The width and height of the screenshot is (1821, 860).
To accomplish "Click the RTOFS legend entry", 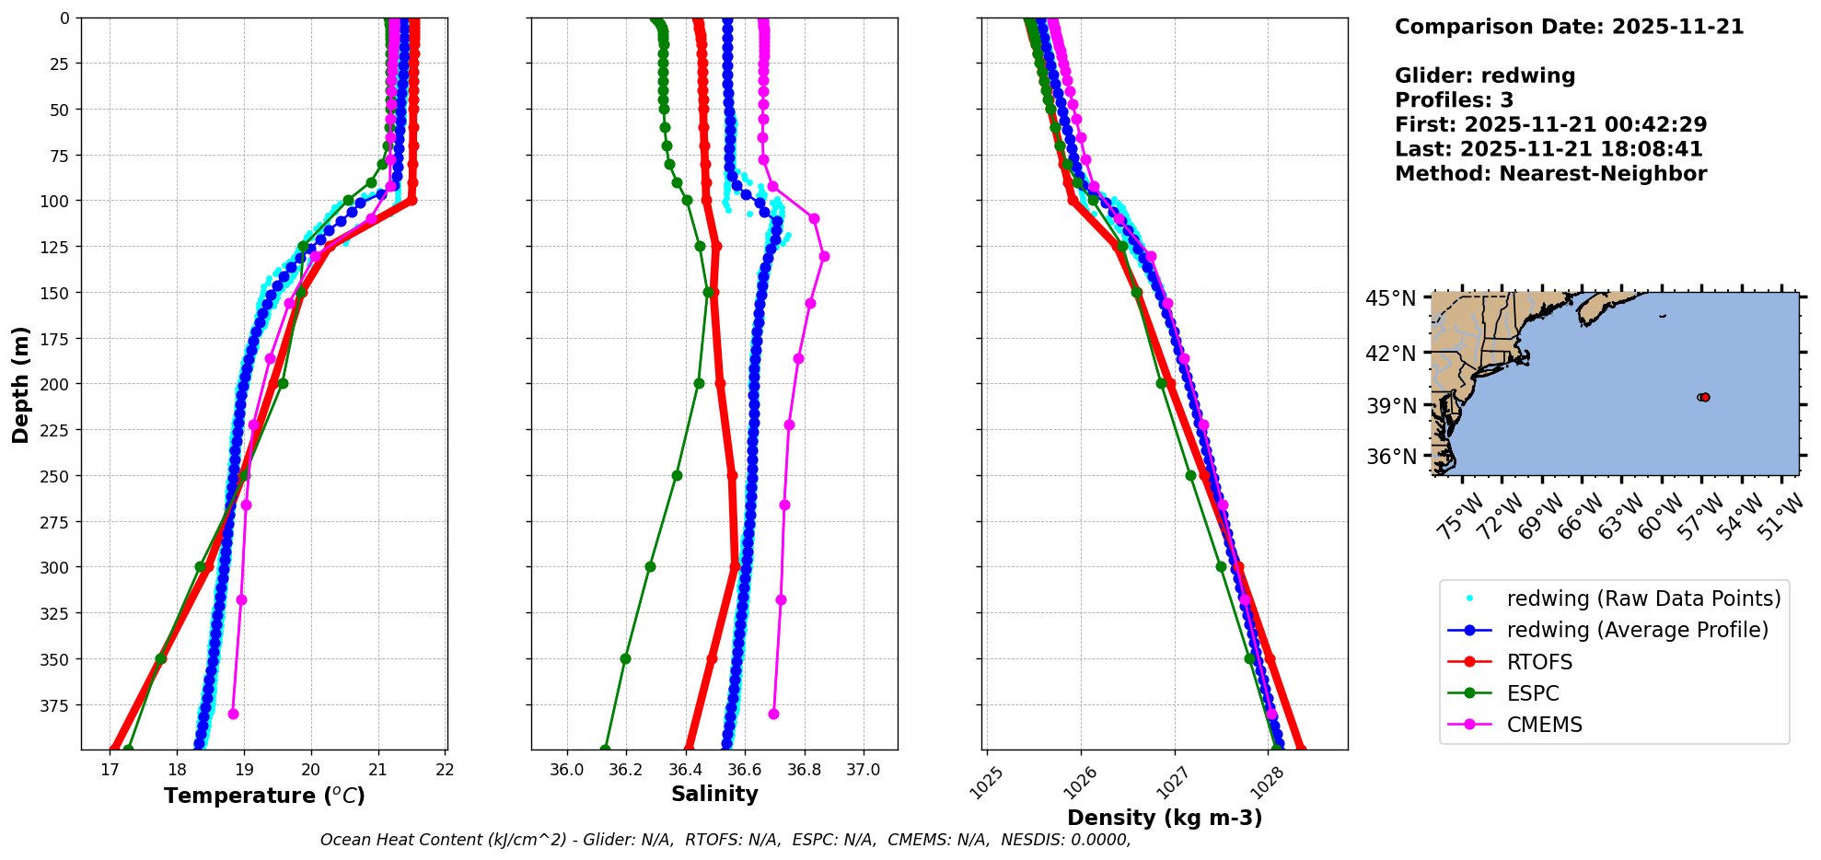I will click(1539, 662).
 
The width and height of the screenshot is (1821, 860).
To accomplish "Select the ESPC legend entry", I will click(1533, 693).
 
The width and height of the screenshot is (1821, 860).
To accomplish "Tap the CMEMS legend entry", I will click(1544, 725).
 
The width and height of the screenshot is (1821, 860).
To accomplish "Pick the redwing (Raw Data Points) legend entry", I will click(1643, 599).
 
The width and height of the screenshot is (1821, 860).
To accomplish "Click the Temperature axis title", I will click(264, 796).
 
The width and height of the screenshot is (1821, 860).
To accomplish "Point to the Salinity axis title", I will click(714, 794).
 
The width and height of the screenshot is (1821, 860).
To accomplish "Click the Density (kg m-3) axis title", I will click(1165, 818).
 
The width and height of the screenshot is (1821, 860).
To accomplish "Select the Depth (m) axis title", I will click(20, 384).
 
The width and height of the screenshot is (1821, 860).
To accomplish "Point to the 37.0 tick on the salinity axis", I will click(863, 770).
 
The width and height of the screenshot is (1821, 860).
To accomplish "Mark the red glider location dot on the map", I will click(1705, 397).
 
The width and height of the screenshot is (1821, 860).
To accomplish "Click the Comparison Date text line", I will click(1569, 27).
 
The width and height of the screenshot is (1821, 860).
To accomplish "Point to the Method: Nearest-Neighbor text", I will click(1550, 173).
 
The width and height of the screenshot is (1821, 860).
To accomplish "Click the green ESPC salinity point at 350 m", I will click(625, 658).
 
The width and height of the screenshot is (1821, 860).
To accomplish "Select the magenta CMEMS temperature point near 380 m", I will click(233, 714).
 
